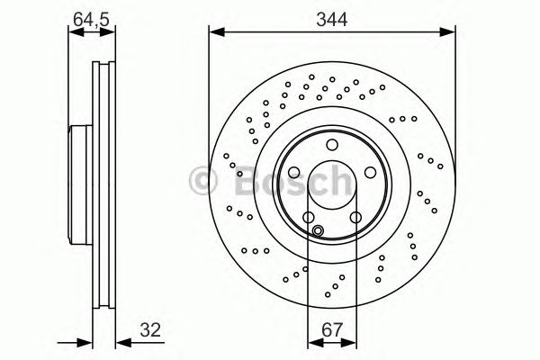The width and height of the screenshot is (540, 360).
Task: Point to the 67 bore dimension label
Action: coord(332,330)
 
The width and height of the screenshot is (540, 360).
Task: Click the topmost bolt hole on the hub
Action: coord(332,146)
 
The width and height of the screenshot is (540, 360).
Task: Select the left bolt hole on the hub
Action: coord(293,174)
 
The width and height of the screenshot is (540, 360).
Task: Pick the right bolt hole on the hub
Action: coord(370,174)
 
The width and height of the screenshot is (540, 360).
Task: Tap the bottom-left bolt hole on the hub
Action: coord(309,218)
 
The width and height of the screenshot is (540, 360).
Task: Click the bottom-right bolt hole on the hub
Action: coord(355,218)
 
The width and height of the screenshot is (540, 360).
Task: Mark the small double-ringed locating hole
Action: coord(318,230)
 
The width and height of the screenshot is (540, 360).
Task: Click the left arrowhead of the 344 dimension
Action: coord(214,32)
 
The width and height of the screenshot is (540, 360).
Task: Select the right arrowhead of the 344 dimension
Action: coord(450,32)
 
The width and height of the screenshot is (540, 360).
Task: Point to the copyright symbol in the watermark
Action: coord(204,181)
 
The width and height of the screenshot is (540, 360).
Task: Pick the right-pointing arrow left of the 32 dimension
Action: coord(87,342)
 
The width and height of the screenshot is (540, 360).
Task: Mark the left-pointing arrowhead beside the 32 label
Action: coord(122,342)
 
